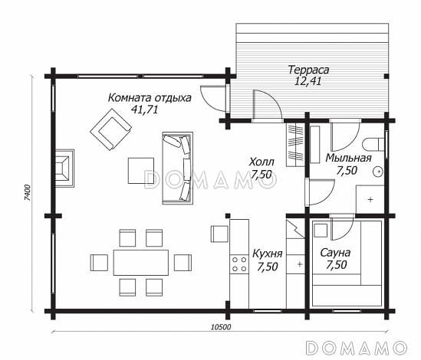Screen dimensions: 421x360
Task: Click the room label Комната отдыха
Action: click(x=150, y=98)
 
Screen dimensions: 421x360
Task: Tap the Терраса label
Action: click(x=308, y=70)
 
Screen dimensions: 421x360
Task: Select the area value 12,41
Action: click(x=308, y=80)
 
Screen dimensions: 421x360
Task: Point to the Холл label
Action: click(x=261, y=162)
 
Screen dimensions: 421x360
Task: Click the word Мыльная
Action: click(x=348, y=158)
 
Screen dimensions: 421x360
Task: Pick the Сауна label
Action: click(x=335, y=253)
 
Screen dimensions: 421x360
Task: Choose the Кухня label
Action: click(x=268, y=254)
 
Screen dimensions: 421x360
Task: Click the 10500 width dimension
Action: click(x=221, y=327)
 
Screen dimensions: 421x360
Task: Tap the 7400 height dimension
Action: click(x=28, y=192)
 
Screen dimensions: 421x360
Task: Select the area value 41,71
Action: click(x=144, y=110)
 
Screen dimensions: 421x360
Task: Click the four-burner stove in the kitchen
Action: click(x=239, y=264)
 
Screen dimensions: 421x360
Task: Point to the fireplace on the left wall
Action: click(x=64, y=169)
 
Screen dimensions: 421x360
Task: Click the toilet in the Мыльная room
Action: click(x=373, y=144)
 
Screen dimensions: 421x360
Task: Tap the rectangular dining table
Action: click(x=141, y=263)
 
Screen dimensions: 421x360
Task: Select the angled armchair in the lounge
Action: click(x=110, y=129)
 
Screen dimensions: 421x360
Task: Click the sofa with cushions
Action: click(x=177, y=169)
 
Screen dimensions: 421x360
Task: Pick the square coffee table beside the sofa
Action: click(x=141, y=171)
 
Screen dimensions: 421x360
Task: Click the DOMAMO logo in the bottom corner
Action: click(x=356, y=348)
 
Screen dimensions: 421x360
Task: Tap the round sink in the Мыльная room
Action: click(x=378, y=171)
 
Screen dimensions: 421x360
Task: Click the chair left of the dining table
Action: click(x=99, y=263)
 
